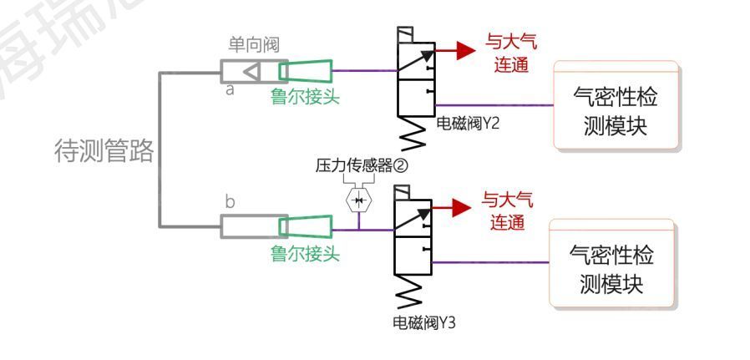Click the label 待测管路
point(104,151)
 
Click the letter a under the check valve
point(230,90)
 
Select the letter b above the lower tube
point(231,202)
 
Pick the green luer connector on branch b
point(305,226)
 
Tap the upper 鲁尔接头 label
point(305,97)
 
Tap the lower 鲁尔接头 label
point(305,253)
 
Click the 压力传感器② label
point(361,165)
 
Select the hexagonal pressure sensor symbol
point(359,201)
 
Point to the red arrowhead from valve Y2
point(464,50)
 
